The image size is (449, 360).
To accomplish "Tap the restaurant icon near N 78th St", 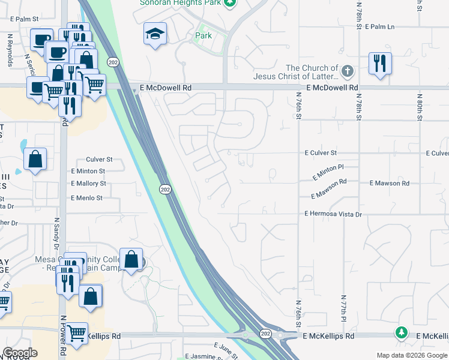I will point(380,63).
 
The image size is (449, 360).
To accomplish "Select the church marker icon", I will point(347,72).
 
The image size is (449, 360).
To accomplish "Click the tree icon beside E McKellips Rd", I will point(401,332).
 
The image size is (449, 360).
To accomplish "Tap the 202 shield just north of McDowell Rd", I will point(113,62).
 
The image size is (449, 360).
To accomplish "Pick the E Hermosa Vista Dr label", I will point(333,214).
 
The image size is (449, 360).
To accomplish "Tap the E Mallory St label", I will point(88,184).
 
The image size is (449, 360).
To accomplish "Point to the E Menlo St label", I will point(86,198).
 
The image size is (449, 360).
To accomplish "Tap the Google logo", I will point(20,353).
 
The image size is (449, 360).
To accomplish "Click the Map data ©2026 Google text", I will point(411,355).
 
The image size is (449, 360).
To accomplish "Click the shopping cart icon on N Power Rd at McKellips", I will point(77,334).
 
